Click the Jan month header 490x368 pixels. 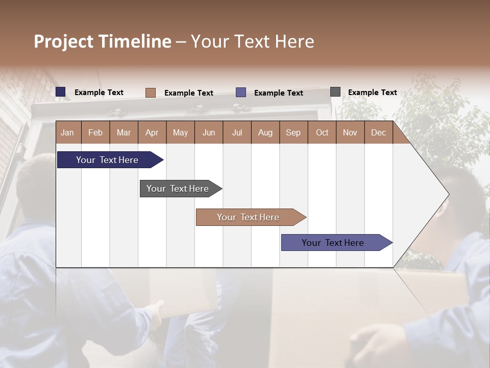pyautogui.click(x=67, y=132)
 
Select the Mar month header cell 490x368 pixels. pyautogui.click(x=124, y=132)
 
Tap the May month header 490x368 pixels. pyautogui.click(x=180, y=132)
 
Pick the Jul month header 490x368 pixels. pyautogui.click(x=237, y=132)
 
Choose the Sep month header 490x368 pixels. pyautogui.click(x=293, y=132)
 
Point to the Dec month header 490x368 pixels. pyautogui.click(x=378, y=132)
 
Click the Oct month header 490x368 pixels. pyautogui.click(x=322, y=132)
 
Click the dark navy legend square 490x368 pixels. pyautogui.click(x=61, y=92)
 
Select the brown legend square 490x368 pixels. pyautogui.click(x=151, y=93)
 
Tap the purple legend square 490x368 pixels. pyautogui.click(x=241, y=93)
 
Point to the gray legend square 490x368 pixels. pyautogui.click(x=335, y=92)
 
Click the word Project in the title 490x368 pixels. pyautogui.click(x=64, y=41)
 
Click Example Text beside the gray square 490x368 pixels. pyautogui.click(x=372, y=93)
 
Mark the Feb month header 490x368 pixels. pyautogui.click(x=95, y=132)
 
